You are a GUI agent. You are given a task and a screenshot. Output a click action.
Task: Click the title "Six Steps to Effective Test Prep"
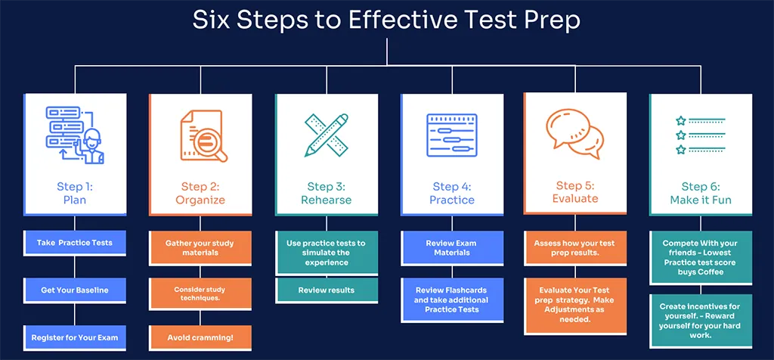tap(386, 20)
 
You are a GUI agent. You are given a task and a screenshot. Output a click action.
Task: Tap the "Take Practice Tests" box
tap(75, 243)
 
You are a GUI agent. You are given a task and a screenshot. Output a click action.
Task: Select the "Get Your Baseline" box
tap(75, 290)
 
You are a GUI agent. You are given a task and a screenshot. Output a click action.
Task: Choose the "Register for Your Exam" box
tap(75, 338)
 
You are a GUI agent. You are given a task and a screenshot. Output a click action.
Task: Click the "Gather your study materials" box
tap(200, 248)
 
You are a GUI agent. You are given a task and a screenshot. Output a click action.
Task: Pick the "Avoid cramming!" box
tap(200, 338)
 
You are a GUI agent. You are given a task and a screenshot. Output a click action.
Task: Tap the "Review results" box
tap(327, 290)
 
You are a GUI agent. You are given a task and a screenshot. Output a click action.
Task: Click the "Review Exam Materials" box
tap(452, 248)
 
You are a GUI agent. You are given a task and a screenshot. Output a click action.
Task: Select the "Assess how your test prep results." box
tap(575, 248)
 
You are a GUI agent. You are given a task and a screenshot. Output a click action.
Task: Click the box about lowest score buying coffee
tap(701, 258)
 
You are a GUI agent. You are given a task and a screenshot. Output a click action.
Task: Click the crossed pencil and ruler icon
tap(327, 135)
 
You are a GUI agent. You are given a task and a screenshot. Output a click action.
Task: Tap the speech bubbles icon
tap(575, 135)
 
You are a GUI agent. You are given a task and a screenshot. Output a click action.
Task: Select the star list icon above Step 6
tap(700, 135)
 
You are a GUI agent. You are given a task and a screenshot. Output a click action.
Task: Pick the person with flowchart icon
tap(76, 135)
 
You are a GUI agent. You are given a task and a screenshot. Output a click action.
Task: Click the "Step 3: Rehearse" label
tap(327, 193)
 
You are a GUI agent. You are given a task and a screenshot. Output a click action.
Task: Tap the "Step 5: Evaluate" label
tap(575, 192)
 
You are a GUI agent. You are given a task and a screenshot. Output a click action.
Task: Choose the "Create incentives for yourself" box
tap(701, 321)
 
